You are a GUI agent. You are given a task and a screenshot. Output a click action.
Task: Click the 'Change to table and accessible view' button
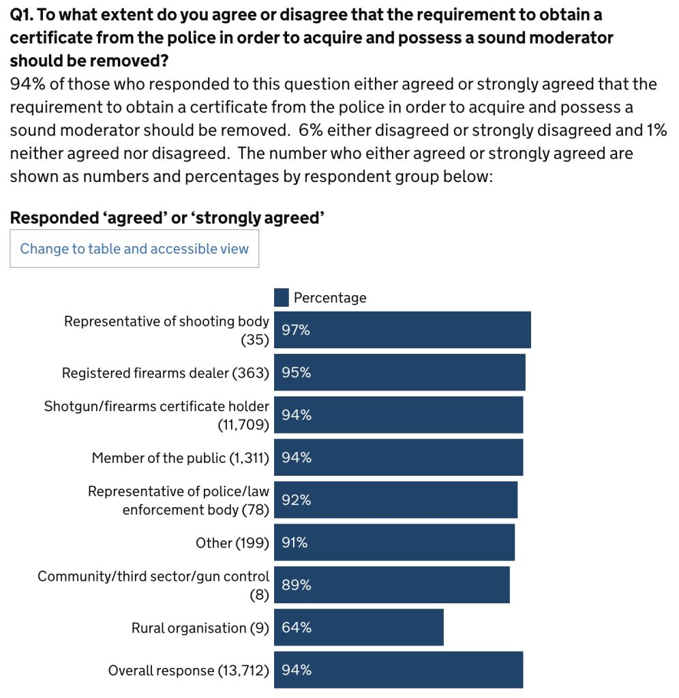(x=134, y=249)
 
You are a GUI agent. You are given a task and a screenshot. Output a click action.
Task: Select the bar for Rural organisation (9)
(x=359, y=627)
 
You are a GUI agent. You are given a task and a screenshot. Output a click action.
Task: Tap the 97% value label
(x=296, y=330)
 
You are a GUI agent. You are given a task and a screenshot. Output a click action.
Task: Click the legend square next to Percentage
(x=281, y=297)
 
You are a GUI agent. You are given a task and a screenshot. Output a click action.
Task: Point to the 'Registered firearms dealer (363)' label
(x=166, y=373)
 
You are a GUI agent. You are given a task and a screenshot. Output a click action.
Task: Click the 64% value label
(x=296, y=627)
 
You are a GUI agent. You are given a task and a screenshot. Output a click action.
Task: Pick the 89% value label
(x=296, y=585)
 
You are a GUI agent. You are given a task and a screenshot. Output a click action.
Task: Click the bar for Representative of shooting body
(x=402, y=330)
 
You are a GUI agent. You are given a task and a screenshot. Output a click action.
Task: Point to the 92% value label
(x=296, y=500)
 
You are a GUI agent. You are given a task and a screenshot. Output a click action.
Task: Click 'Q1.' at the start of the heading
(x=22, y=15)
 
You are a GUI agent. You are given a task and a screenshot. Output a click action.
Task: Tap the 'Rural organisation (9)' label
(x=200, y=628)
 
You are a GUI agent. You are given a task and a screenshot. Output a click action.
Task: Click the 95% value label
(x=296, y=373)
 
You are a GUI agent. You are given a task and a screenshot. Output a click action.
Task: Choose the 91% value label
(x=295, y=543)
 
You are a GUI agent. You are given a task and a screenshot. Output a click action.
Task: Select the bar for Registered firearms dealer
(x=399, y=373)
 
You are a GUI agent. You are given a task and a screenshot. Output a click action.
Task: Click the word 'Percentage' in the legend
(x=330, y=297)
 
